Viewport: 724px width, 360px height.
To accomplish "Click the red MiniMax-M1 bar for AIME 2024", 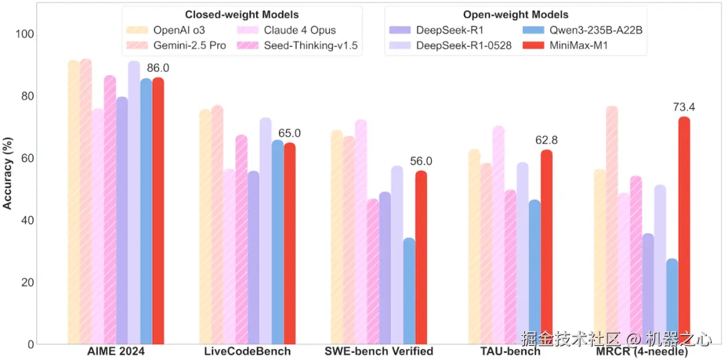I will [158, 211].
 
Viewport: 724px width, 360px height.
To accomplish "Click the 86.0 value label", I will [158, 68].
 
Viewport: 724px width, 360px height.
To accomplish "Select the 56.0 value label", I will [421, 162].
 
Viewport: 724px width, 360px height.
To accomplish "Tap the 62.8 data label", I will [547, 140].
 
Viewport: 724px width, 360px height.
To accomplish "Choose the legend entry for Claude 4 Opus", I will [298, 30].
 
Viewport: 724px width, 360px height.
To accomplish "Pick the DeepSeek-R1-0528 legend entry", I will [455, 45].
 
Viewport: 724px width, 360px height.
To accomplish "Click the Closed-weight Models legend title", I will [242, 15].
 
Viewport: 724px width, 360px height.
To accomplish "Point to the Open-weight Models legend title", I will [516, 15].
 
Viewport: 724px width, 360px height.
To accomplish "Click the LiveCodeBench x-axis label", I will [247, 351].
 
